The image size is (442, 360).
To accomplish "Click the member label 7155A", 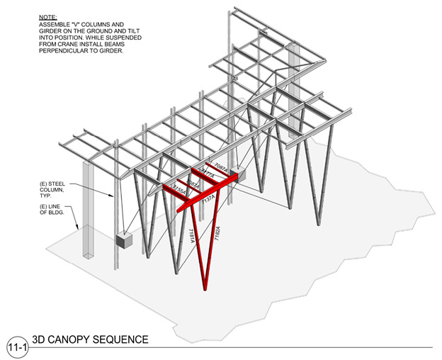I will click(x=180, y=192).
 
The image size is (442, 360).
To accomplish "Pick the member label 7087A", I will click(x=221, y=168).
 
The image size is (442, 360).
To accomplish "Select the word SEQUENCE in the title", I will click(x=126, y=340).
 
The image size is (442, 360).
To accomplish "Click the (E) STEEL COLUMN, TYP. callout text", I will click(x=54, y=190).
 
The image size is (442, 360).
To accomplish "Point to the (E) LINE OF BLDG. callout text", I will click(x=52, y=210).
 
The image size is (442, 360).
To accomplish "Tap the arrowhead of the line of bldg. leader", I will click(x=78, y=230).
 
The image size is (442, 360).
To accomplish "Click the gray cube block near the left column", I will click(x=125, y=240).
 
